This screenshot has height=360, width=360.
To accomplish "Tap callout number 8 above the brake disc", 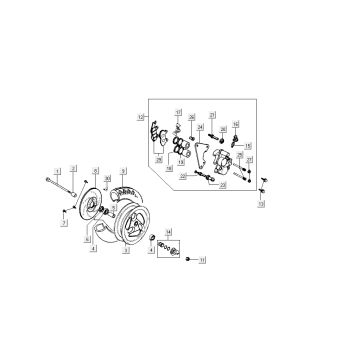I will (95, 171).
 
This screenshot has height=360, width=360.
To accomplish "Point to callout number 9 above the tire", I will (123, 171).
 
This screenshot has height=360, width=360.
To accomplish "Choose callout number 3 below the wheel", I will (125, 251).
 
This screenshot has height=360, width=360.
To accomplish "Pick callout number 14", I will (168, 231).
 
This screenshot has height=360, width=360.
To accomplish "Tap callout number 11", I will (202, 260).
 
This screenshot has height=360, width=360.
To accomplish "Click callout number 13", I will (262, 204).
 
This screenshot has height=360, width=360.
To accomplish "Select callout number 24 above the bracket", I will (200, 128).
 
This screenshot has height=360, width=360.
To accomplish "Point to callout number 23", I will (222, 186).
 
